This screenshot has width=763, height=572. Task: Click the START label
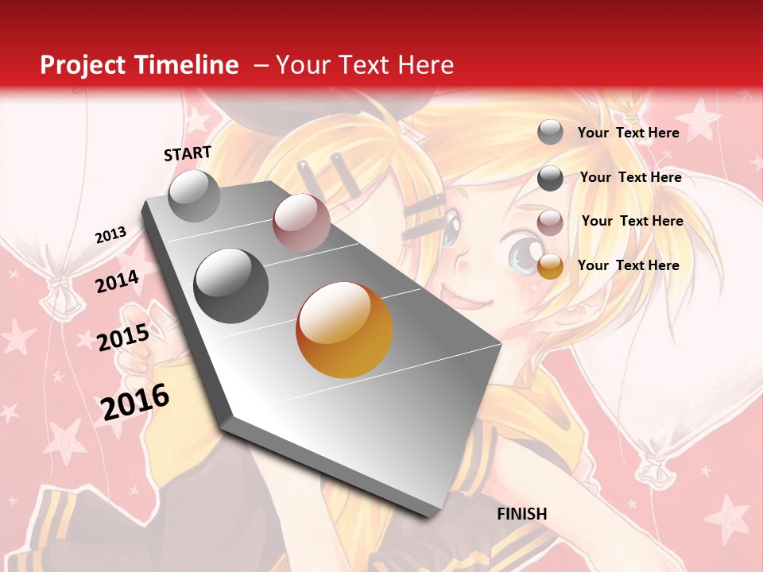coord(188,153)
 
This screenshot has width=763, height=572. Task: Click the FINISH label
coord(522,514)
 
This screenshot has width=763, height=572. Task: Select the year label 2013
coord(111,234)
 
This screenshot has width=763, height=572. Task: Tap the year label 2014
coord(118,282)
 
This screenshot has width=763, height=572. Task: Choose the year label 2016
coord(135,401)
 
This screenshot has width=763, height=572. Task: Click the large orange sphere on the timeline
coord(344,330)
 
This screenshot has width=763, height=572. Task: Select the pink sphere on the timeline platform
coord(301,222)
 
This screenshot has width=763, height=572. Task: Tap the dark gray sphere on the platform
coord(231,286)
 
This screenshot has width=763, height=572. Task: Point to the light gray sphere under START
coord(194,195)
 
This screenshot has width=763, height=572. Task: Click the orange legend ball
coord(550,266)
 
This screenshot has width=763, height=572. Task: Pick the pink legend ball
coord(550,222)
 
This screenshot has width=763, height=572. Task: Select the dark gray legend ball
coord(550,178)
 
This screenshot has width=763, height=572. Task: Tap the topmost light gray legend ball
coord(550,133)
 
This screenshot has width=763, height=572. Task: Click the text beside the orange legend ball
coord(628,265)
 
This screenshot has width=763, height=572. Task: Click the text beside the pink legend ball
coord(632,221)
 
